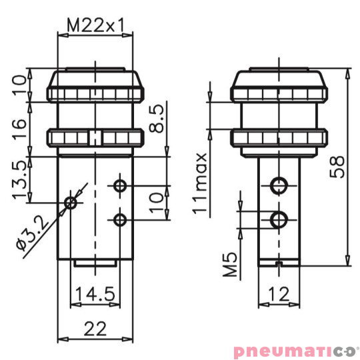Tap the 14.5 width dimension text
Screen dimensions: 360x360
pos(95,294)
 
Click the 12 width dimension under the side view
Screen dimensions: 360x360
pos(280,294)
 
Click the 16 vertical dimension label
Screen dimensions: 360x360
pos(21,123)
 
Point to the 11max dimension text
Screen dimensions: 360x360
pos(200,181)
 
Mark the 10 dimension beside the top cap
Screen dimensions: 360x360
pos(21,85)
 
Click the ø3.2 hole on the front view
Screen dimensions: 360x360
pos(71,202)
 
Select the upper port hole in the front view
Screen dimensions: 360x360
pos(120,185)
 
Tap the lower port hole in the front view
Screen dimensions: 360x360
pos(120,219)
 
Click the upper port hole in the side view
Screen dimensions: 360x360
pos(279,185)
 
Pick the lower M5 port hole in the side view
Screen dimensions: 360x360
pos(279,219)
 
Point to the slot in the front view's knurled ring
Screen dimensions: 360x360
pos(95,139)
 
